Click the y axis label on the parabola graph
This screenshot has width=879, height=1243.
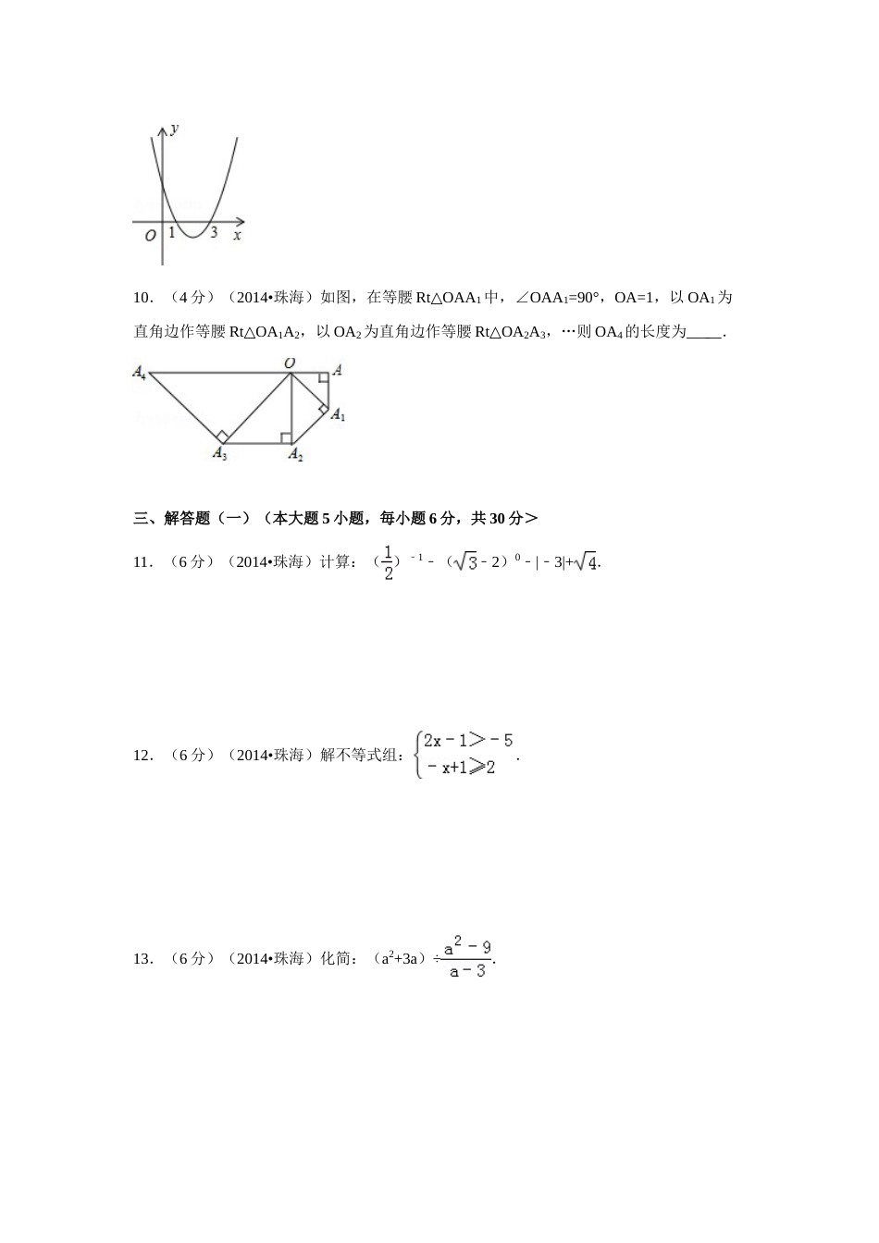(175, 129)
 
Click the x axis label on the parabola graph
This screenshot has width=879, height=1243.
(237, 235)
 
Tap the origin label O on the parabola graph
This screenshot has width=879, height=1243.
(150, 236)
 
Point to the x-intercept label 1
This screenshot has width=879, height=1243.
(172, 233)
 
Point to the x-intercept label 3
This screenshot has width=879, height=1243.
(214, 233)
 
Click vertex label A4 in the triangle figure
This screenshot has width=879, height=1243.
(139, 372)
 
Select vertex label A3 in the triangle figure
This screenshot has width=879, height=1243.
(219, 453)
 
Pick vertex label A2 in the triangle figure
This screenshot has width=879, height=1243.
(295, 453)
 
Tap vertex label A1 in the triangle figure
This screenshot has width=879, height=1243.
(338, 414)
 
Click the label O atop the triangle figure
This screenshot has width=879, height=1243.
(290, 363)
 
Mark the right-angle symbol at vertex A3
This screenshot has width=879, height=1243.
(222, 437)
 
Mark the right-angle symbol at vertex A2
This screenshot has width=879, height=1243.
(286, 437)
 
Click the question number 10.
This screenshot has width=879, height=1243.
(142, 298)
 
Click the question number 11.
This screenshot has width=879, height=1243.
(142, 561)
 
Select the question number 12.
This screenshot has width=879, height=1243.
(142, 756)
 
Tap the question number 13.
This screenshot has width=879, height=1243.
(142, 959)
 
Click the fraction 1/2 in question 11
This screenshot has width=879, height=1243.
(389, 562)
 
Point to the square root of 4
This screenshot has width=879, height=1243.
(586, 561)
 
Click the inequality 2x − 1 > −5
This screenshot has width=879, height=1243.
(467, 740)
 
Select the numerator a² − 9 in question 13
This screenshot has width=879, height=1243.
(468, 947)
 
